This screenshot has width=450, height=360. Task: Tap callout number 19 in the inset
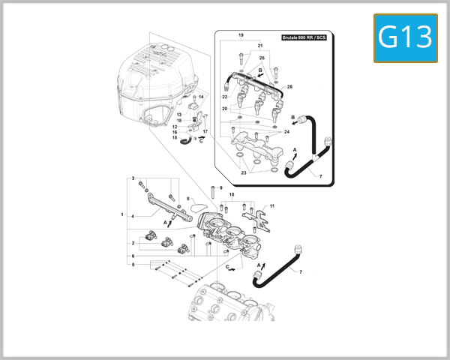(x=241, y=36)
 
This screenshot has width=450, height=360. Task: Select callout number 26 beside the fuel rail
(x=289, y=87)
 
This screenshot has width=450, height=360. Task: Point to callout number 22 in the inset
(x=224, y=97)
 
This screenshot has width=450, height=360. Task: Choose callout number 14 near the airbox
(x=201, y=97)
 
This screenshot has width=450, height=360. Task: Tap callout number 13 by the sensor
(x=178, y=114)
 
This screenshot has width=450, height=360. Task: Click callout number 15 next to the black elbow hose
(x=174, y=138)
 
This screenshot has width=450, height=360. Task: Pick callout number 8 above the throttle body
(x=187, y=199)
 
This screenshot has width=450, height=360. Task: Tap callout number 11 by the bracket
(x=272, y=205)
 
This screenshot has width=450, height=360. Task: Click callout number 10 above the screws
(x=232, y=195)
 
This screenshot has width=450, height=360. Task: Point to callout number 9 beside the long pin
(x=220, y=187)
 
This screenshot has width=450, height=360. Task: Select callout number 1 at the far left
(x=121, y=214)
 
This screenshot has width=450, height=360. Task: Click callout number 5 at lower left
(x=133, y=265)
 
